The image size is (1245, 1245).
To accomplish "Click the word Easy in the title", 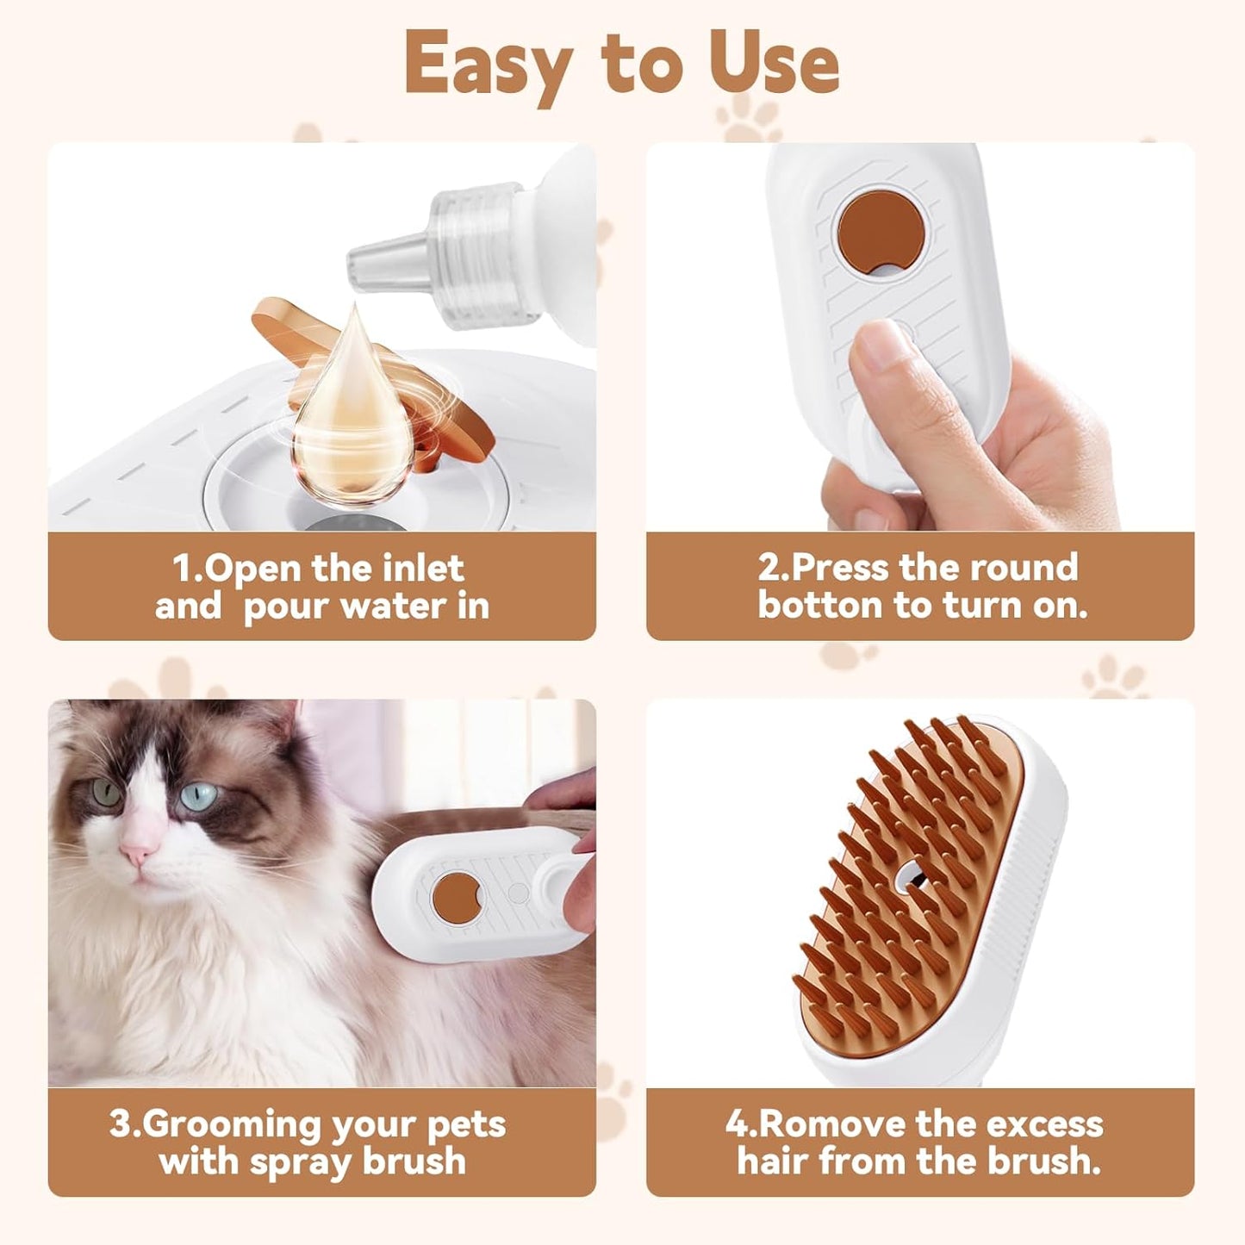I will point(488,65).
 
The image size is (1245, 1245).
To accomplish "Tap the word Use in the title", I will point(773,65).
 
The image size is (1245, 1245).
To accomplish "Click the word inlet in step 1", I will point(423,568).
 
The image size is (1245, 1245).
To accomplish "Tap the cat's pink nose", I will point(138,853).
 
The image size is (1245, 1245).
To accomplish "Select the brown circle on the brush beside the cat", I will point(456,896).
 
